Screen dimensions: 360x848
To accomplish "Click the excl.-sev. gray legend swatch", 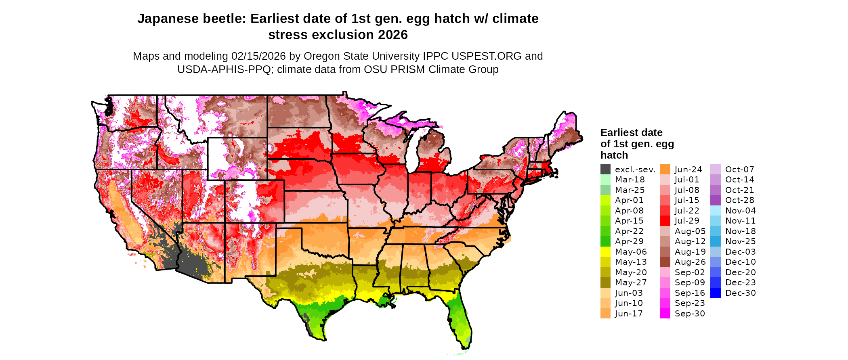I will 605,170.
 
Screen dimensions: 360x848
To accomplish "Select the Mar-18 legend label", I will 630,180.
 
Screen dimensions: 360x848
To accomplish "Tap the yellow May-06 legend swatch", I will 605,252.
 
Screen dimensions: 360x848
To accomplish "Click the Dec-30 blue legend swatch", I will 715,293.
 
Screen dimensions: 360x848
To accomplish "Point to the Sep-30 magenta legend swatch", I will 665,314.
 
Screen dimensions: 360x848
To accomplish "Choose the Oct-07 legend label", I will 739,170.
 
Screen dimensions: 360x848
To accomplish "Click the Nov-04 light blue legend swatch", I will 715,211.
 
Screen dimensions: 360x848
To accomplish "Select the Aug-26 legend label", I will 690,262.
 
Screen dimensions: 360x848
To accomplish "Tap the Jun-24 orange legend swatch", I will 665,170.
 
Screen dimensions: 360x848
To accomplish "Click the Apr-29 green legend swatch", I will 605,241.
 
